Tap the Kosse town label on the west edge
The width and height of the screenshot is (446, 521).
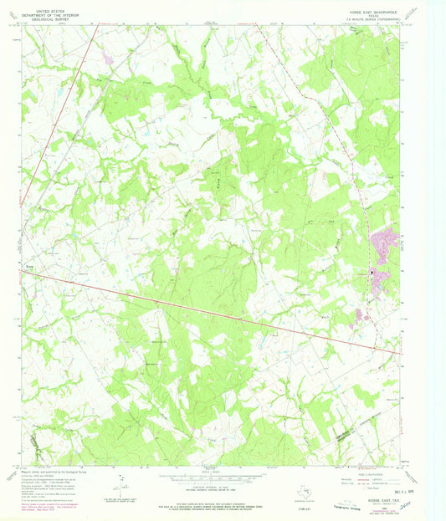(x=28, y=269)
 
